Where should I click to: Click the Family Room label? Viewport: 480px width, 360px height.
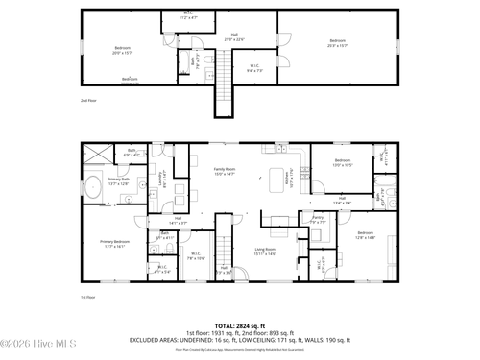[x=225, y=171]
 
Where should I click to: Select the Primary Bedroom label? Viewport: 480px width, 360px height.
[x=113, y=245]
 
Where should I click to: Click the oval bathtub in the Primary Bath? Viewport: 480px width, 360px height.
[x=94, y=187]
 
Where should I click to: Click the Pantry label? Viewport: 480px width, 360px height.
[x=318, y=220]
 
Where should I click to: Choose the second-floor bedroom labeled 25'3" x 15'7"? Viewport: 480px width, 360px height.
[x=337, y=43]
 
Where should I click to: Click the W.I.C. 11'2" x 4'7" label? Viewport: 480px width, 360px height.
[x=188, y=16]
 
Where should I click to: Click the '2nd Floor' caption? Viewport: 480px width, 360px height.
[x=88, y=100]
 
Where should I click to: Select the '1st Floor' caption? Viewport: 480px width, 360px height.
[x=88, y=297]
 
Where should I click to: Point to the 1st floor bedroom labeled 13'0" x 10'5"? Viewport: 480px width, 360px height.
[x=344, y=162]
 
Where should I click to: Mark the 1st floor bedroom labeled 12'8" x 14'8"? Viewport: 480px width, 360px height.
[x=365, y=236]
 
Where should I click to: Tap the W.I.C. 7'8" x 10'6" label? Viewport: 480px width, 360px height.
[x=196, y=256]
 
